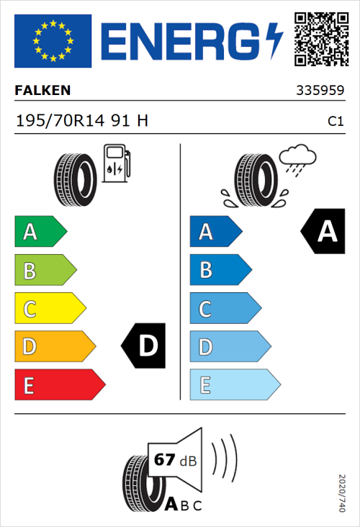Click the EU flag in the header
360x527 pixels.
coord(53,41)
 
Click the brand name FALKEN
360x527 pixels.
coord(43,91)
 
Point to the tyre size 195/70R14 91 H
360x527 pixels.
coord(82,120)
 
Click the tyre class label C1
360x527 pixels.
coord(335,122)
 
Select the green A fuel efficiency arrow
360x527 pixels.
coord(40,232)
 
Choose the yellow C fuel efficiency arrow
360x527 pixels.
coord(49,309)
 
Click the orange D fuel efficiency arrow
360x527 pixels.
coord(54,347)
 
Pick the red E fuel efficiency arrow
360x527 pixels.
coord(59,385)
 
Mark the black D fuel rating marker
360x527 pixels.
coord(145,346)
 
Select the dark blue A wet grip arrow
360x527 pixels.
coord(215,232)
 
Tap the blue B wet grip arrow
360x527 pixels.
coord(220,271)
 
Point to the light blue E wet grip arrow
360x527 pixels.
coord(234,385)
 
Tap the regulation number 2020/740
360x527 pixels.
coord(342,492)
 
